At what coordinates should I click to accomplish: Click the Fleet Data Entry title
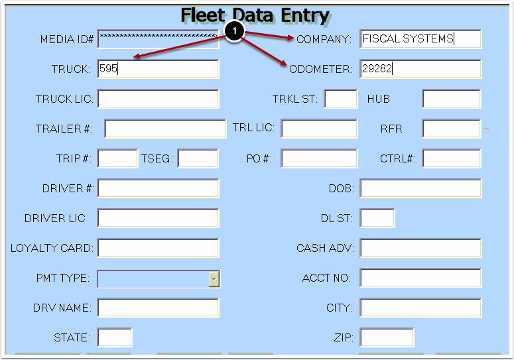(x=255, y=15)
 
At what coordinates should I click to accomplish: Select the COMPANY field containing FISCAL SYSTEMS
(x=420, y=39)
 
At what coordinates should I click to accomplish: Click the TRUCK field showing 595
(x=158, y=69)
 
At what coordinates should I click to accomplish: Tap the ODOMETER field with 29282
(x=420, y=69)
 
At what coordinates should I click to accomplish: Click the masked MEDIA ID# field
(x=158, y=39)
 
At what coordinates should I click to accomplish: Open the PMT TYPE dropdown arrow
(x=214, y=278)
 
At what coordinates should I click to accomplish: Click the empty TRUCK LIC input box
(x=158, y=99)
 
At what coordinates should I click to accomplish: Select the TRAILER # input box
(x=165, y=129)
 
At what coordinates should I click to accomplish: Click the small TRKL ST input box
(x=341, y=99)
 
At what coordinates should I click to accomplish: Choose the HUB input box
(x=451, y=99)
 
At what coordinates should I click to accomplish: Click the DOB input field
(x=420, y=188)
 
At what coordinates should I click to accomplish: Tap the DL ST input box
(x=377, y=218)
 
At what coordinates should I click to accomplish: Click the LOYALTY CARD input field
(x=158, y=248)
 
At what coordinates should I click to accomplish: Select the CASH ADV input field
(x=420, y=248)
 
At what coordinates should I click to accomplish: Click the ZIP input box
(x=387, y=337)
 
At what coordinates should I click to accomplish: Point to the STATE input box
(x=115, y=337)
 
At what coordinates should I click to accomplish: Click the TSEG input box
(x=198, y=158)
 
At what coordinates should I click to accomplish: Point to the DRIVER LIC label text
(x=55, y=218)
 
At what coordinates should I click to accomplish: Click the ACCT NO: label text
(x=326, y=278)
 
